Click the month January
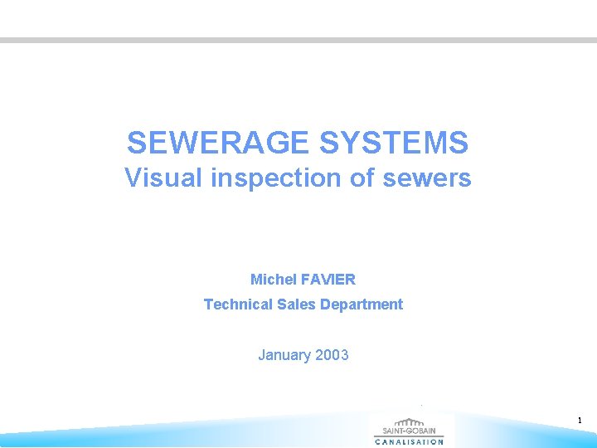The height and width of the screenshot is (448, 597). pyautogui.click(x=284, y=355)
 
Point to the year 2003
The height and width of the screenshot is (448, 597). pyautogui.click(x=332, y=355)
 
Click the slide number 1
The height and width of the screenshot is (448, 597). pyautogui.click(x=580, y=421)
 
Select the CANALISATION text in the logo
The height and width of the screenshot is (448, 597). pyautogui.click(x=410, y=442)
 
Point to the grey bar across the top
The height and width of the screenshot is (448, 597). pyautogui.click(x=298, y=40)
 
